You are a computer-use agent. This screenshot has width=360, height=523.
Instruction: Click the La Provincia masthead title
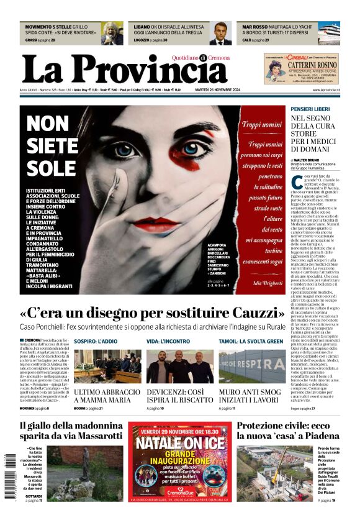pyautogui.click(x=124, y=70)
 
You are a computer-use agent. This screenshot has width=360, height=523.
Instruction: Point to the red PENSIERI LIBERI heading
pyautogui.click(x=310, y=109)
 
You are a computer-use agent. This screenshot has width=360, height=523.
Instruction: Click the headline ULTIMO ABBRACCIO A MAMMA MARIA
pyautogui.click(x=107, y=397)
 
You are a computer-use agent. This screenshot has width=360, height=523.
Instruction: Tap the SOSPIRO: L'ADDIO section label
pyautogui.click(x=96, y=341)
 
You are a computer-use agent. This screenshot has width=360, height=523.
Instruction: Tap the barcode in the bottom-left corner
pyautogui.click(x=9, y=475)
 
